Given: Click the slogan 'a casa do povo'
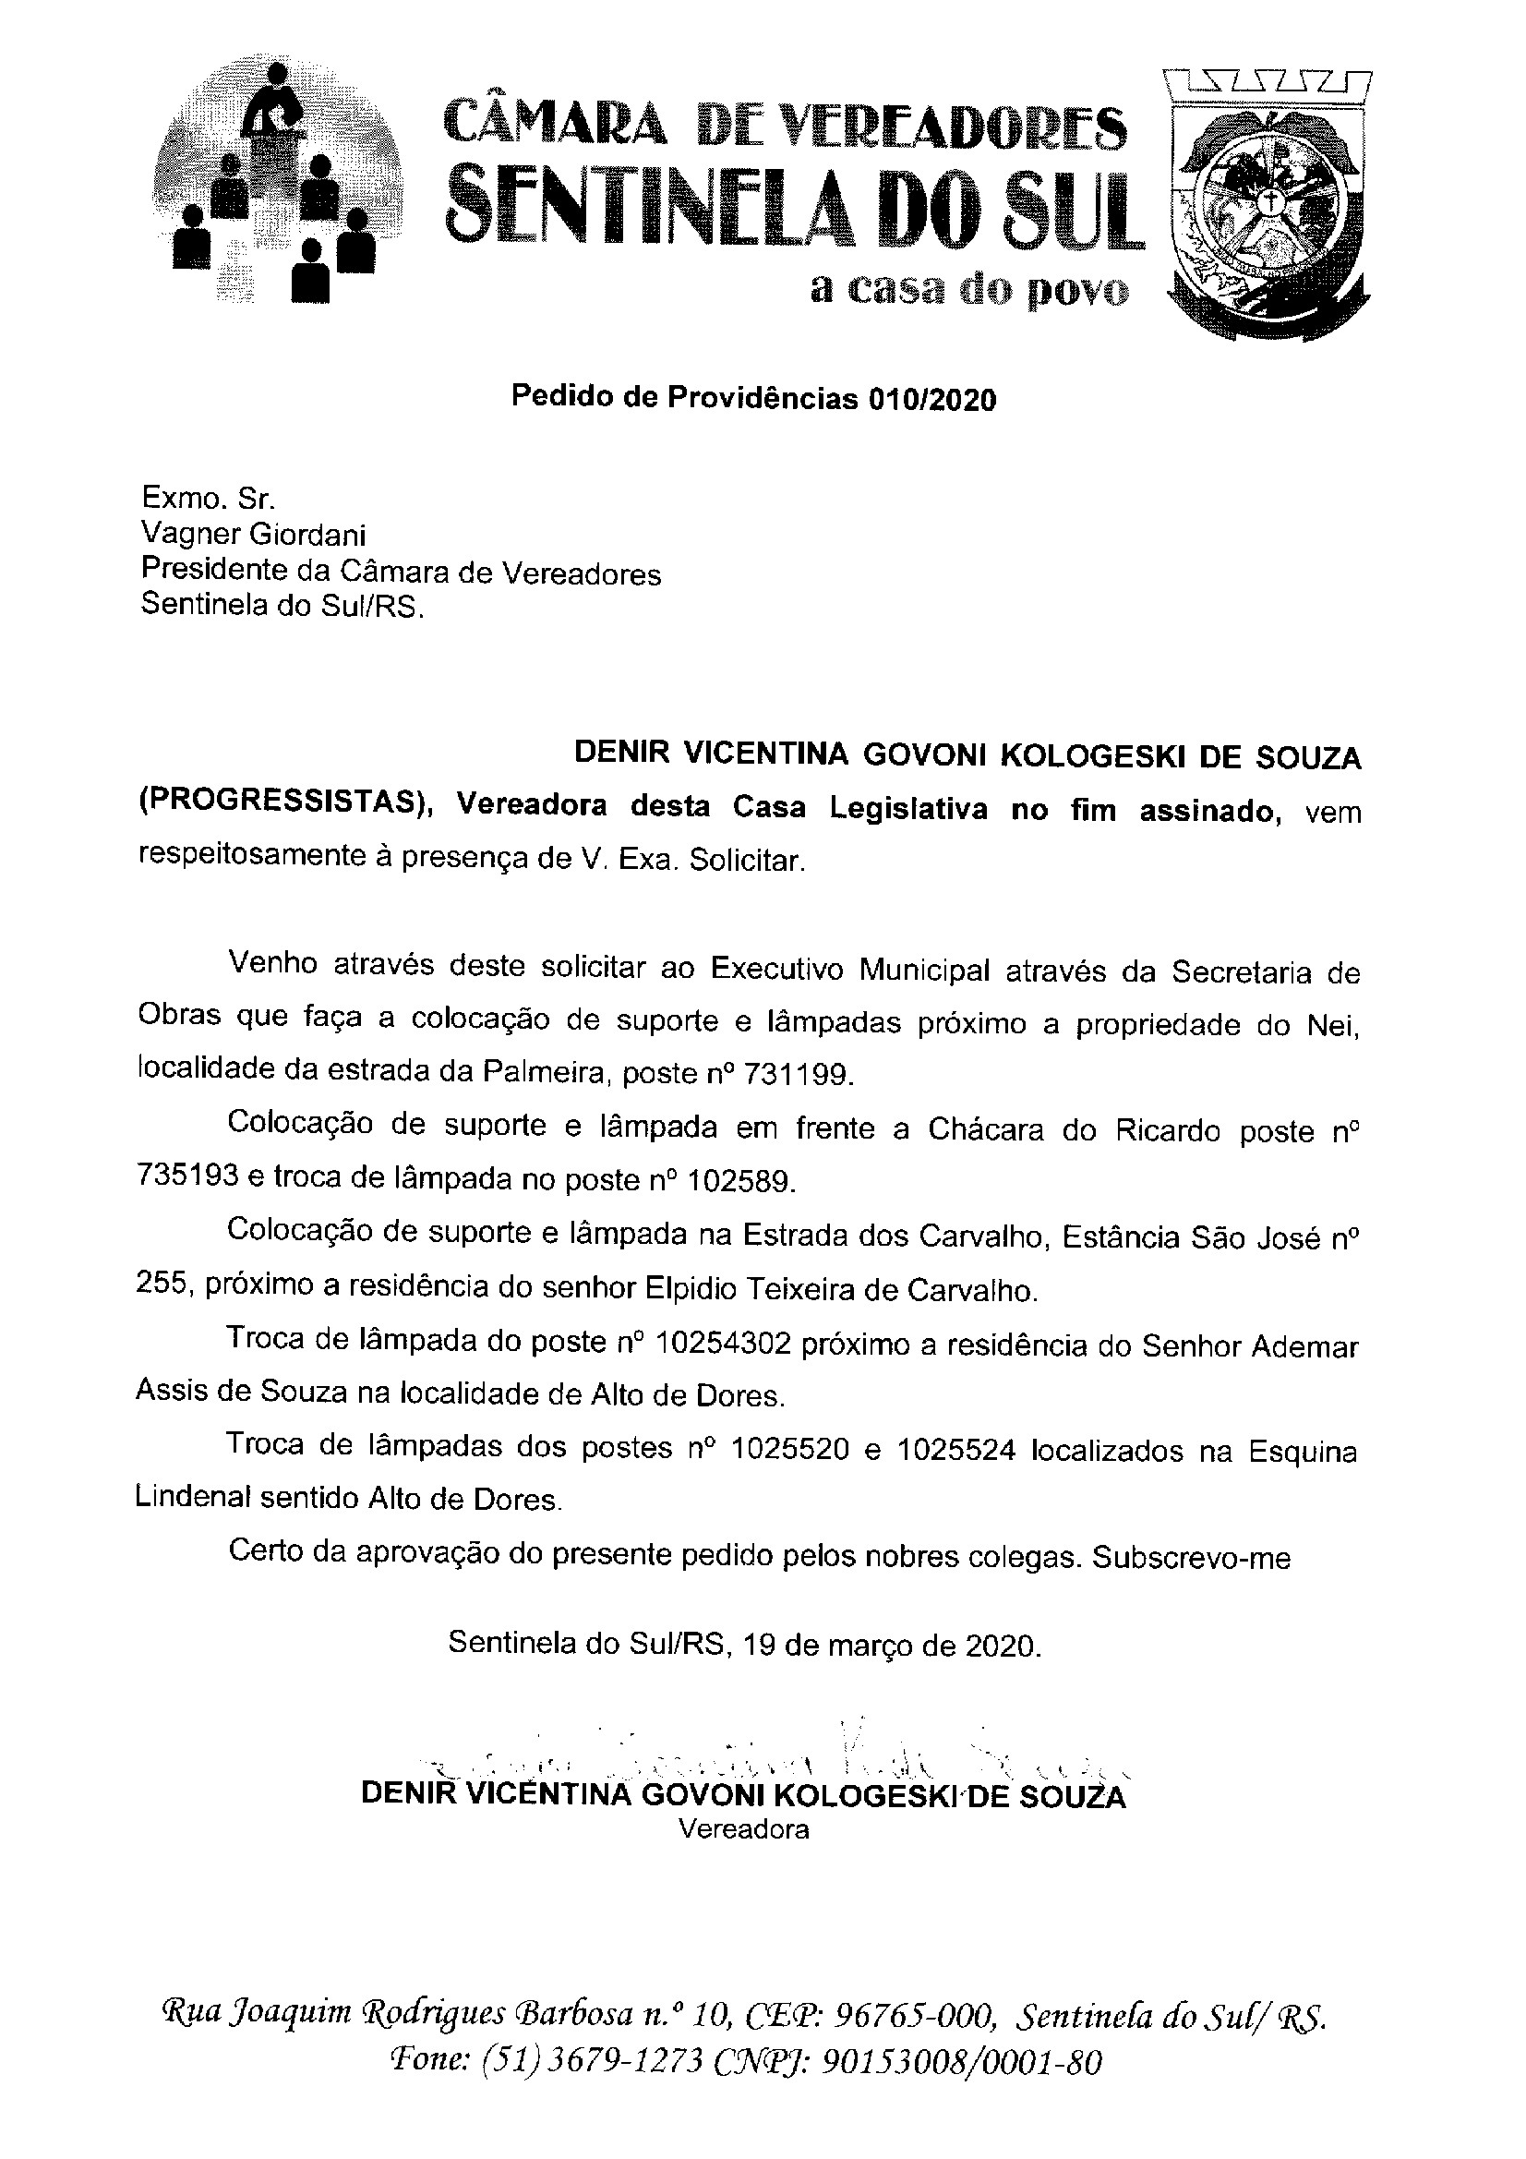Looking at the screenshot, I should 969,291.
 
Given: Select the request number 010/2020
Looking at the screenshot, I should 931,401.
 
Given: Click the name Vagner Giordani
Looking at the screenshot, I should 253,535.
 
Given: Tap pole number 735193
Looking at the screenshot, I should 187,1176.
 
